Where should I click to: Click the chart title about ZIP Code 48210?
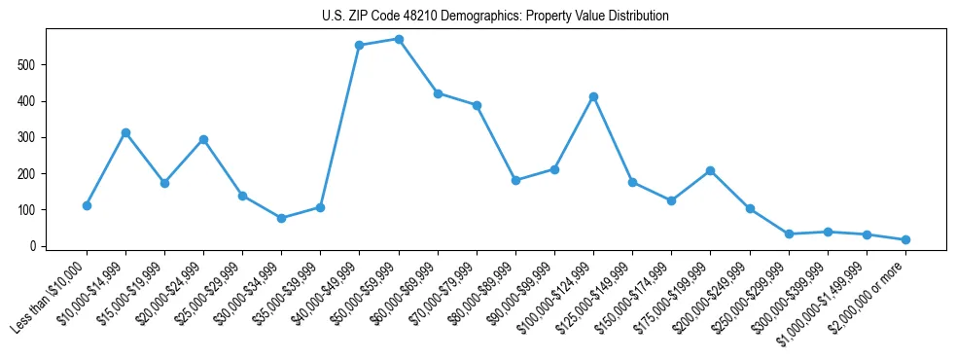coord(495,17)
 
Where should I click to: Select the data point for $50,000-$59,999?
coord(399,39)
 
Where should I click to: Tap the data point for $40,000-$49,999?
coord(360,45)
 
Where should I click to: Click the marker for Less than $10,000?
coord(87,205)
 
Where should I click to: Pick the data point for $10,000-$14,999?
coord(125,132)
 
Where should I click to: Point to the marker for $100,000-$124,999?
coord(593,96)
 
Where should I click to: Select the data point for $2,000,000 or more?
coord(905,239)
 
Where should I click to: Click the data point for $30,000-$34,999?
coord(281,218)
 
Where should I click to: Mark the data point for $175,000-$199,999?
coord(711,170)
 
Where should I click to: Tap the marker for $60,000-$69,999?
coord(438,93)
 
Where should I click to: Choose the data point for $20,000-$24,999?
coord(203,139)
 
